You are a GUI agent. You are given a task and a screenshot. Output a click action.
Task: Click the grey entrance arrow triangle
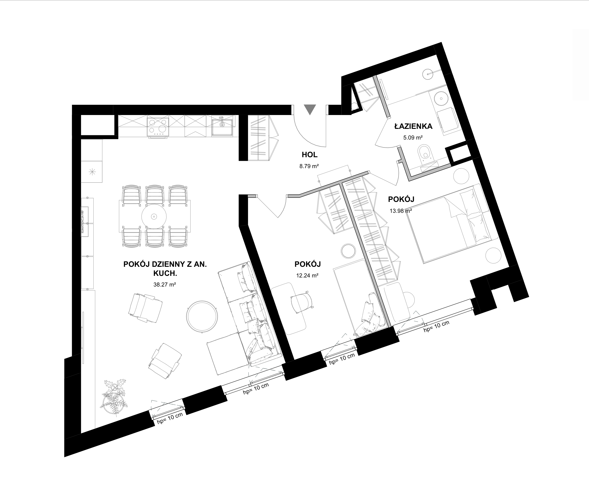point(310,109)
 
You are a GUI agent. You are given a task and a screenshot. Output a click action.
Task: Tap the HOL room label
point(310,154)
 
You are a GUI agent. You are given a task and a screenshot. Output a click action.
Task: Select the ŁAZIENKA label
point(413,126)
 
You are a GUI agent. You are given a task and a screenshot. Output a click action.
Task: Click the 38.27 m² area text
point(165,284)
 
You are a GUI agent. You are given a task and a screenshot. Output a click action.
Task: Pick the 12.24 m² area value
point(307,275)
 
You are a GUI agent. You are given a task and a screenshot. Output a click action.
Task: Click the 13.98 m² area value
point(401,211)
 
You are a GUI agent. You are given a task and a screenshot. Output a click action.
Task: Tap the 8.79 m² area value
point(309,166)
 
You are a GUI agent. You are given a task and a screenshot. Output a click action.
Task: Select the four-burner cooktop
point(158,127)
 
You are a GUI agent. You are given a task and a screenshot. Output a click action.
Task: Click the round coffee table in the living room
point(203,316)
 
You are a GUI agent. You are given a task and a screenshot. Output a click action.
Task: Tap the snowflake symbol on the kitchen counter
point(92,171)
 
